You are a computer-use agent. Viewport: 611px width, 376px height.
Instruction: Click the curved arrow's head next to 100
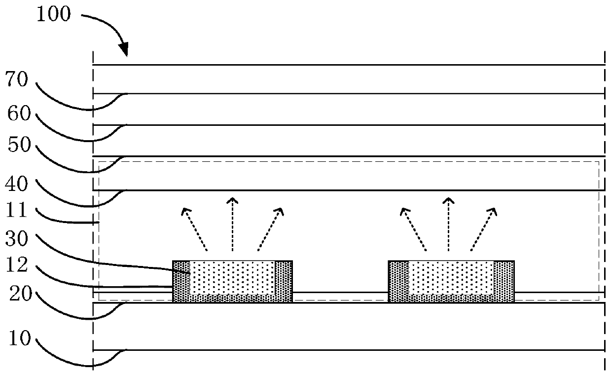click(124, 50)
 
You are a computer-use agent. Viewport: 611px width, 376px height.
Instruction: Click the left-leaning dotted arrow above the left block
click(194, 228)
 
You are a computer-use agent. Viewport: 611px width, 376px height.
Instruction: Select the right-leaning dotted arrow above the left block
click(270, 228)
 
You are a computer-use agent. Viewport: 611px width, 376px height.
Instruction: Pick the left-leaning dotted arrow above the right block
click(413, 228)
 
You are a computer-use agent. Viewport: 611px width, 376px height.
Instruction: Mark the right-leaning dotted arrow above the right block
click(484, 228)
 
